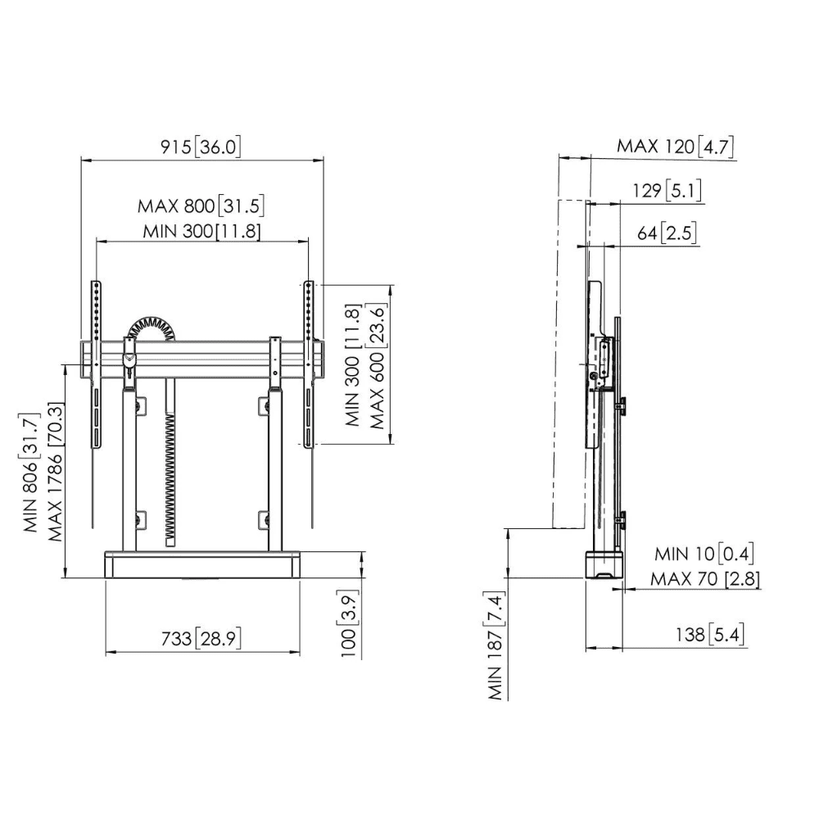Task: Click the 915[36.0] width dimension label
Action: pos(201,147)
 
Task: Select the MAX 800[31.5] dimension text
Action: pos(201,206)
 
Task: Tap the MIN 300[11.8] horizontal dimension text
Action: pos(201,231)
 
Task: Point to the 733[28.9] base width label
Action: pos(201,638)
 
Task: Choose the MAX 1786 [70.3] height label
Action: pos(56,472)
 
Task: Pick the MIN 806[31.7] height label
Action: pos(31,473)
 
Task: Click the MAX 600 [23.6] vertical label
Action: pos(377,366)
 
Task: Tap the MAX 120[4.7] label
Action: pos(676,147)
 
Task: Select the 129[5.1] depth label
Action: pos(667,191)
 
